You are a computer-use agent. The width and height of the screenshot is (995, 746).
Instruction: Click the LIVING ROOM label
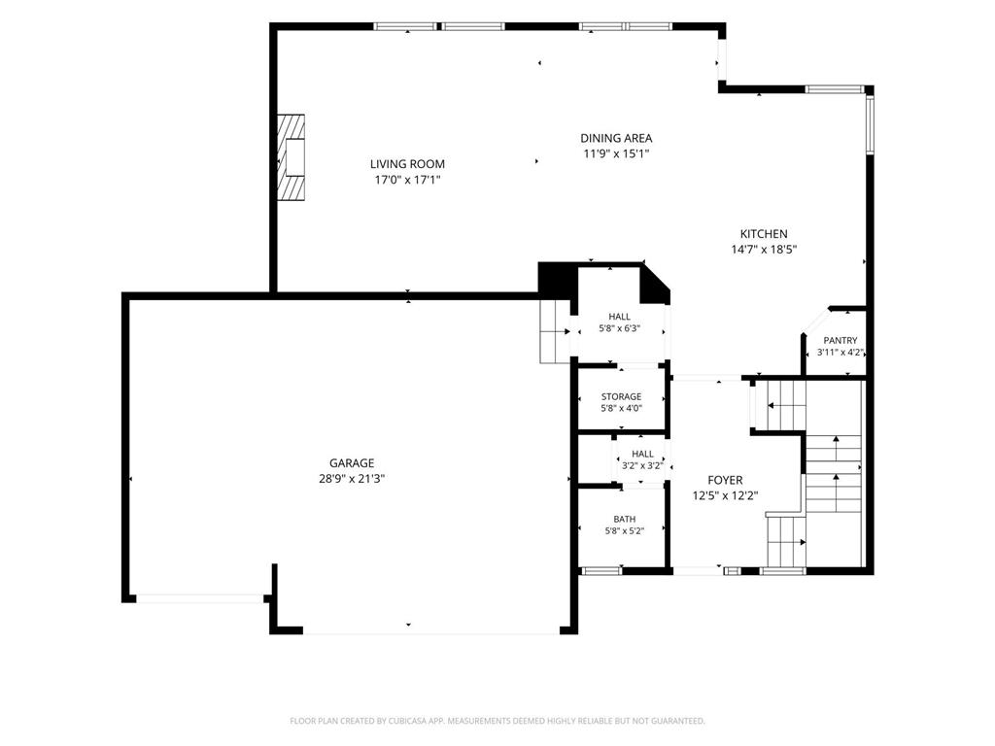click(x=407, y=164)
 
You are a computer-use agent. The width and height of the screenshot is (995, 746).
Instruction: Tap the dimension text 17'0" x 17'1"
click(x=407, y=180)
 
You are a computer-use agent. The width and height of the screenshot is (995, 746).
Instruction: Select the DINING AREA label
click(x=616, y=138)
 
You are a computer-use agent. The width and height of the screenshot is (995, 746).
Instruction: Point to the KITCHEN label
click(x=764, y=234)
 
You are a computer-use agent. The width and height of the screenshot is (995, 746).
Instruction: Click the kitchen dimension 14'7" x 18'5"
click(x=764, y=250)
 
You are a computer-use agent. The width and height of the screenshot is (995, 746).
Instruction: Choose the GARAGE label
click(x=352, y=463)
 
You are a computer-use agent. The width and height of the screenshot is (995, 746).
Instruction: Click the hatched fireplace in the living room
click(x=292, y=157)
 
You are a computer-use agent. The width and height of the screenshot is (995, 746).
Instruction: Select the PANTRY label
click(x=841, y=341)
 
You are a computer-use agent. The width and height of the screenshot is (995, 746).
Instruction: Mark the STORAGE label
click(x=621, y=397)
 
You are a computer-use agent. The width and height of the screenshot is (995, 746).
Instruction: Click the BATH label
click(x=625, y=520)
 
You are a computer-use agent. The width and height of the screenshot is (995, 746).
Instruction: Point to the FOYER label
click(x=725, y=481)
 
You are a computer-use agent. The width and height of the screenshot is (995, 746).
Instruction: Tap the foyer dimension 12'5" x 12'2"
click(x=725, y=496)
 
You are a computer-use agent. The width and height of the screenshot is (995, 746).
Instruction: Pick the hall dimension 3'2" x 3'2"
click(x=643, y=465)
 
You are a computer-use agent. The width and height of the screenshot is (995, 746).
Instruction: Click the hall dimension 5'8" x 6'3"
click(x=619, y=328)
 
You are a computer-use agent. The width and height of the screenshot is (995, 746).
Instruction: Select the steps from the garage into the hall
click(x=555, y=331)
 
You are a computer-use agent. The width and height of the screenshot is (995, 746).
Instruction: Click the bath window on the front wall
click(x=601, y=571)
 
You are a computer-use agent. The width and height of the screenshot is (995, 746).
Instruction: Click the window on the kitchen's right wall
click(x=870, y=123)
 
